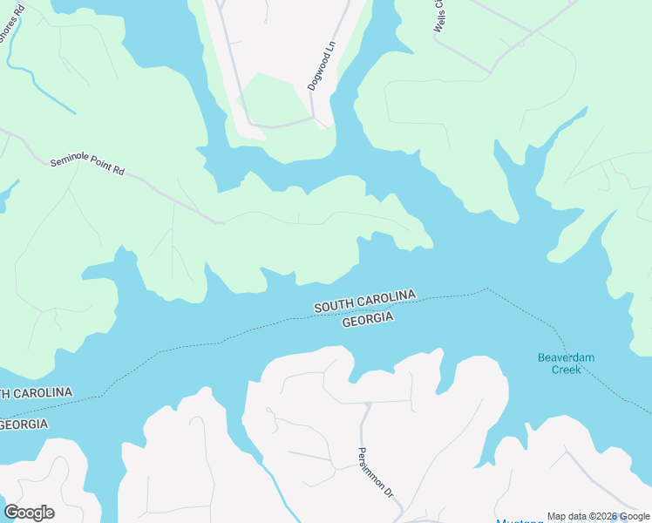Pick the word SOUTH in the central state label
point(336,306)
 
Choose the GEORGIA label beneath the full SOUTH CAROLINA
point(368,320)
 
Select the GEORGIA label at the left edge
point(24,425)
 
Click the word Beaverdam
point(565,358)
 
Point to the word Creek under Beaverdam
point(565,370)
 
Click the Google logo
point(29,513)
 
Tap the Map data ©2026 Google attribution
point(598,516)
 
